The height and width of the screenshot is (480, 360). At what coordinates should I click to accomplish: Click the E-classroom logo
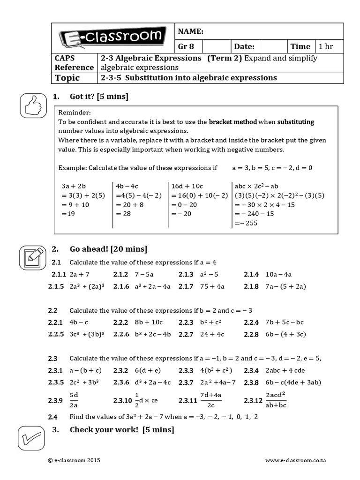pos(112,37)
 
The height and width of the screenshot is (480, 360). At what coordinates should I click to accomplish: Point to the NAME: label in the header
pos(190,31)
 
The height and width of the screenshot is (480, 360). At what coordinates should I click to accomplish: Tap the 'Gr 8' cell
pos(186,46)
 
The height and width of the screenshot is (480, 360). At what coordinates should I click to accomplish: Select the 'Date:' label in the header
pos(244,46)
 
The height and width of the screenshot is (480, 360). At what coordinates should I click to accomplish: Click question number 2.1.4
pos(251,275)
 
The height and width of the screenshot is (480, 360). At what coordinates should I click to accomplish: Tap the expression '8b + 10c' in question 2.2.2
pos(149,322)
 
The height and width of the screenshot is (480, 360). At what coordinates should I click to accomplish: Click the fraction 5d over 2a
pos(74,400)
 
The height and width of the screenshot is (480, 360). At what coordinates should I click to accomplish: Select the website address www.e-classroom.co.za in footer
pos(295,461)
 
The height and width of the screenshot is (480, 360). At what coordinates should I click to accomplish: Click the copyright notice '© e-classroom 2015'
pos(74,461)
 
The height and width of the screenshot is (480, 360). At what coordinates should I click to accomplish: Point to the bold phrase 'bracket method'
pos(232,122)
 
